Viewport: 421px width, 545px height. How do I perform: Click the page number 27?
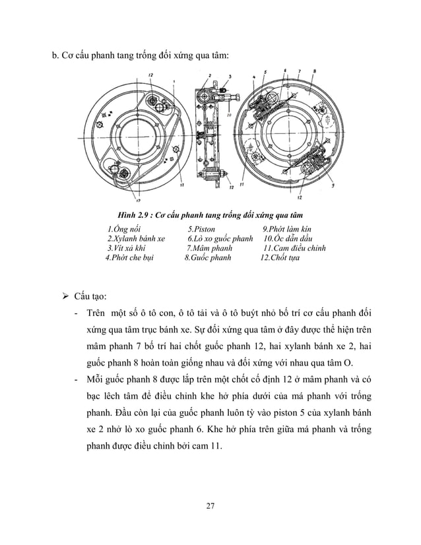210,507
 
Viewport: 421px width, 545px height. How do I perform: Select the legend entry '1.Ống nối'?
124,228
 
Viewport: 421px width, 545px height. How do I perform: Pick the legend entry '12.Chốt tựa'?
280,258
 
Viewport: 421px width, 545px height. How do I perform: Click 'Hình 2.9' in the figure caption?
134,215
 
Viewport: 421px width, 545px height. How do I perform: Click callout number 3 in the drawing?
230,77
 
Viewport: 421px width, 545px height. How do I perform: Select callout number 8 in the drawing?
315,71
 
